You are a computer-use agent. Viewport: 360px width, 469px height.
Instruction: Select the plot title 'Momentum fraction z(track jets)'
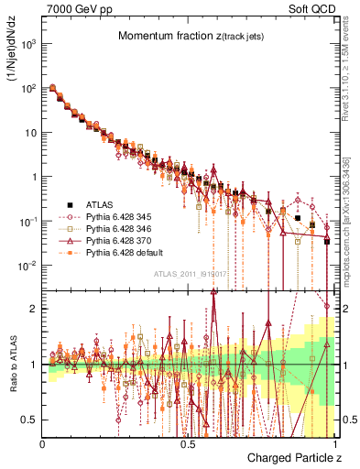[190, 37]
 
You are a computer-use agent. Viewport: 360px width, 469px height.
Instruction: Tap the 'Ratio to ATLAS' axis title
[13, 364]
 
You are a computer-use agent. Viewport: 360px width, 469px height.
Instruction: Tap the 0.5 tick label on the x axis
[189, 443]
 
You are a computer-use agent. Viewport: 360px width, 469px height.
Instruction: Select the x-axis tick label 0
[43, 443]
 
